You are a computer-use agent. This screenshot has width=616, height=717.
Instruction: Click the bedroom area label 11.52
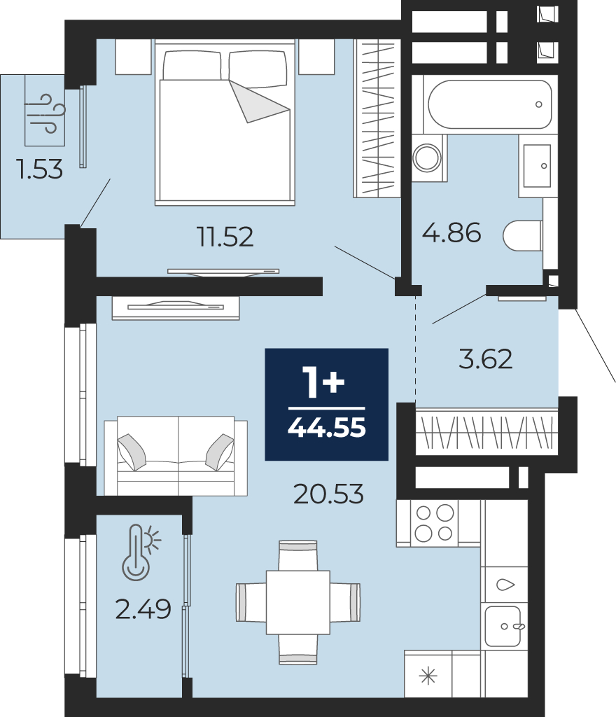tap(225, 237)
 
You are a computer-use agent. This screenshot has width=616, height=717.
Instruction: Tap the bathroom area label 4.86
tap(451, 232)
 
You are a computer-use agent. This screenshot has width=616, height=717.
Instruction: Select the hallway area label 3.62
tap(485, 359)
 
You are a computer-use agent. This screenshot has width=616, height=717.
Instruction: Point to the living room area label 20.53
tap(328, 494)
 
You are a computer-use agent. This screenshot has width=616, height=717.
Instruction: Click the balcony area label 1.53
tap(38, 169)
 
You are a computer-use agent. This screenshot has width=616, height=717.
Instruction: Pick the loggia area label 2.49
tap(143, 609)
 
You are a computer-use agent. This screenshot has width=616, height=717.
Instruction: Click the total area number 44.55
tap(327, 428)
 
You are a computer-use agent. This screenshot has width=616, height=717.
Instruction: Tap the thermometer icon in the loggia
tap(141, 552)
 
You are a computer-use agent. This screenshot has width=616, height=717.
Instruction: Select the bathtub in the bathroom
tap(490, 104)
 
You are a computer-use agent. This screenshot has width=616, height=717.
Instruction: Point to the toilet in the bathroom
tap(523, 236)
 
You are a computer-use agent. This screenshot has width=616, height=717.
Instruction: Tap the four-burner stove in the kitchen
tap(434, 523)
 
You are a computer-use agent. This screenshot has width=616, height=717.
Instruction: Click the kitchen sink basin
tap(503, 626)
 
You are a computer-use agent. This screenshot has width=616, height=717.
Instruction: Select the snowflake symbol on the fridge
tap(428, 676)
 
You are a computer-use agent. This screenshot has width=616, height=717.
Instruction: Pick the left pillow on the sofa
tap(132, 452)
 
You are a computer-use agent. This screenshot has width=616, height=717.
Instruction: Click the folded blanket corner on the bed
tap(260, 102)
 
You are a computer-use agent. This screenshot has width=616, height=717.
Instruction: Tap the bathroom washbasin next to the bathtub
tap(537, 166)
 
